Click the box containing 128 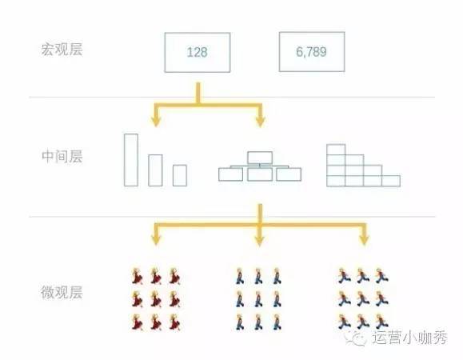click(198, 33)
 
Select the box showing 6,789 click(312, 32)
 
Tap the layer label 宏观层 click(62, 49)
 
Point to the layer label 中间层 click(62, 156)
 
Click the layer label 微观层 click(62, 292)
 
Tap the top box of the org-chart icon click(260, 152)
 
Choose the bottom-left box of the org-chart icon click(230, 168)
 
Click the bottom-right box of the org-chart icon click(289, 168)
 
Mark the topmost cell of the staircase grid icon click(336, 145)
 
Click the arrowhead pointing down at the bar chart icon click(156, 122)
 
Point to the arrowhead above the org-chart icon click(260, 122)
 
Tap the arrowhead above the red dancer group click(156, 240)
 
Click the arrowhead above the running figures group click(364, 240)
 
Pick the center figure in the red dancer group click(156, 299)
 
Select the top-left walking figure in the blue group click(240, 276)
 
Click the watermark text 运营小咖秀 click(409, 338)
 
